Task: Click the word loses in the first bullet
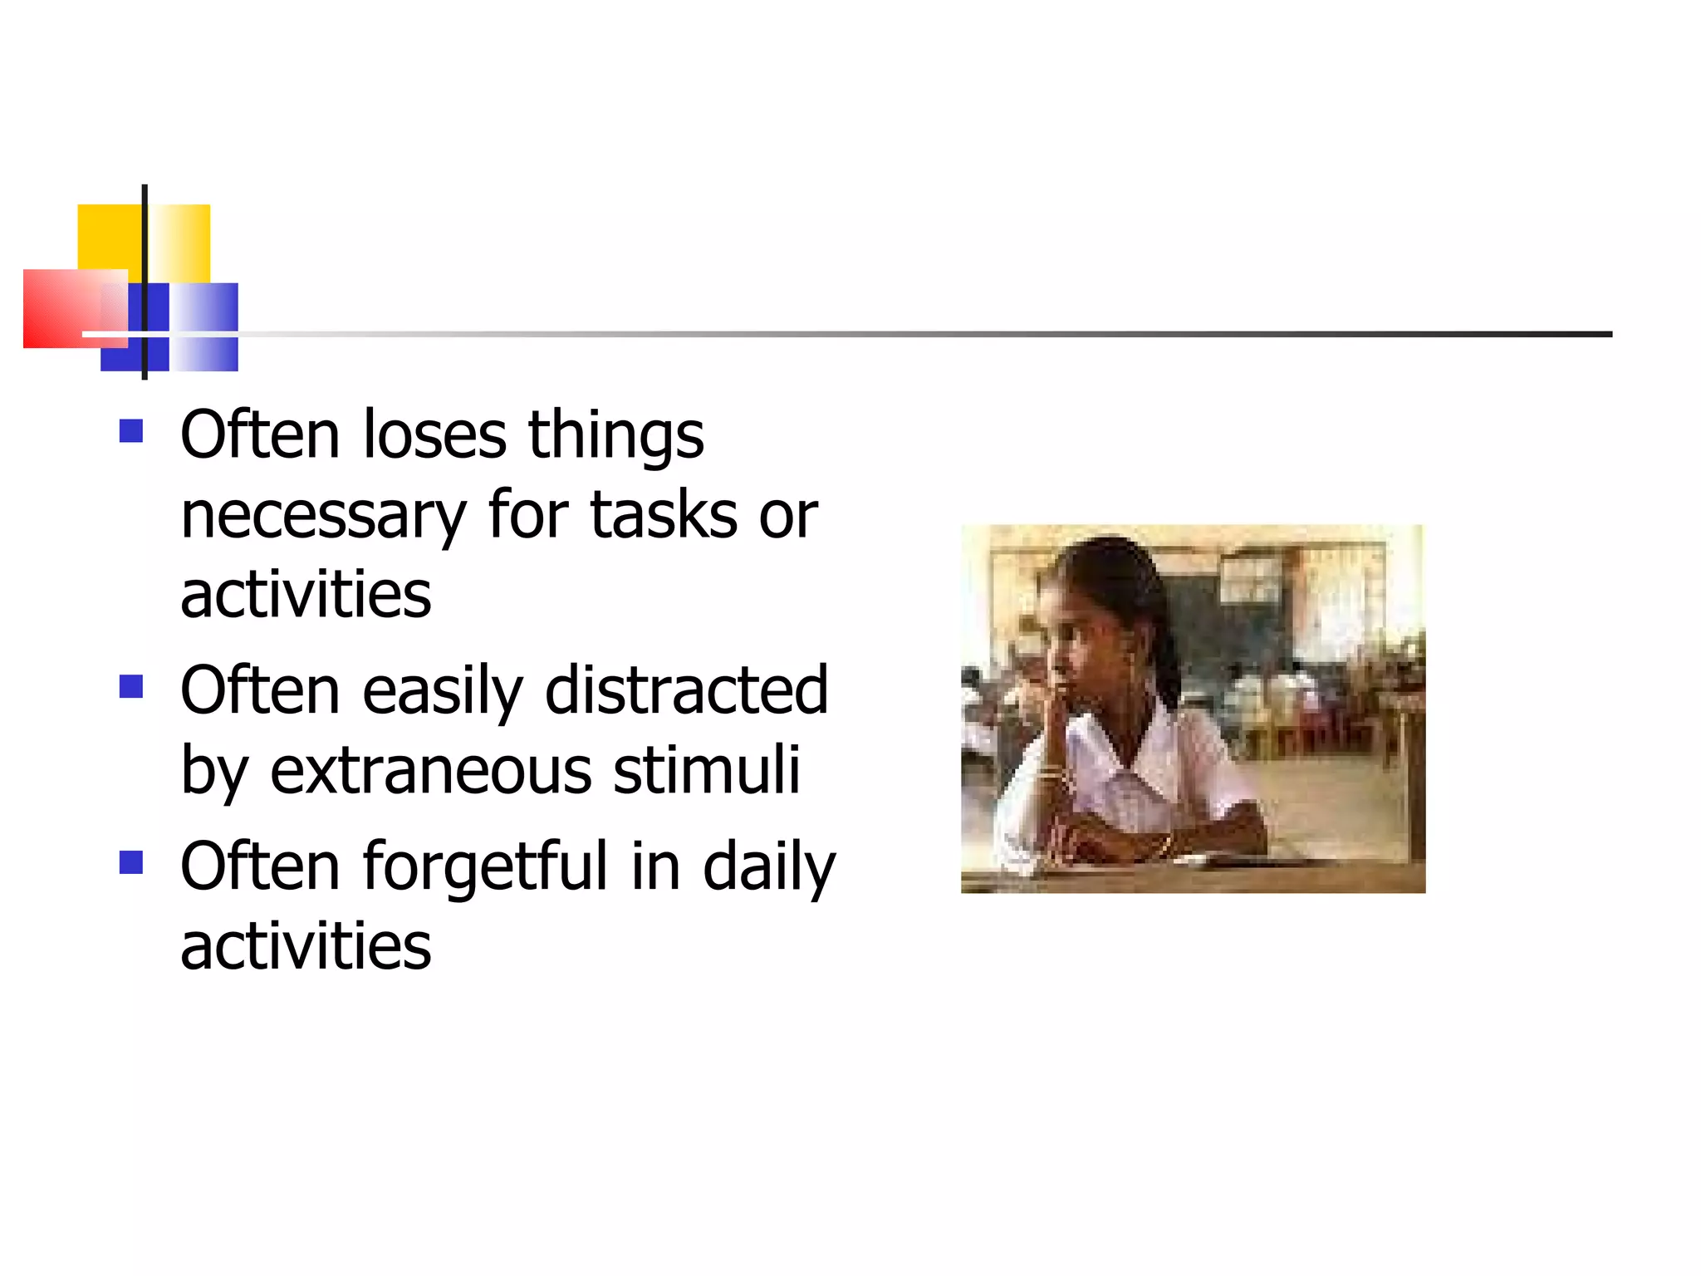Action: point(434,434)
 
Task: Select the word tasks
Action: point(664,515)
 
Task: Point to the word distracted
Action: point(686,690)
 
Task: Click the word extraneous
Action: point(430,770)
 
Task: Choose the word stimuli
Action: point(707,770)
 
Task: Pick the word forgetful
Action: point(486,866)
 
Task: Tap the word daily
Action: point(768,867)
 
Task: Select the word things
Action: point(615,436)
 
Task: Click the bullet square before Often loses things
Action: point(131,430)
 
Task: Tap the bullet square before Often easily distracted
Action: point(131,686)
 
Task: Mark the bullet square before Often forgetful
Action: point(131,862)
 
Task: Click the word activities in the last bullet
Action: point(306,945)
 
